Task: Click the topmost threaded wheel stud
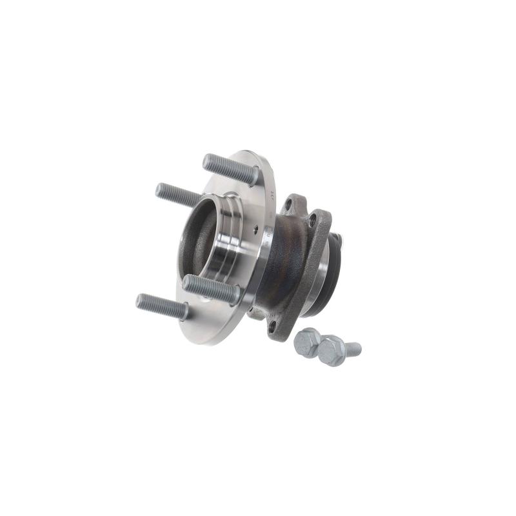(x=229, y=168)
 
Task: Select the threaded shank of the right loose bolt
(x=353, y=349)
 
